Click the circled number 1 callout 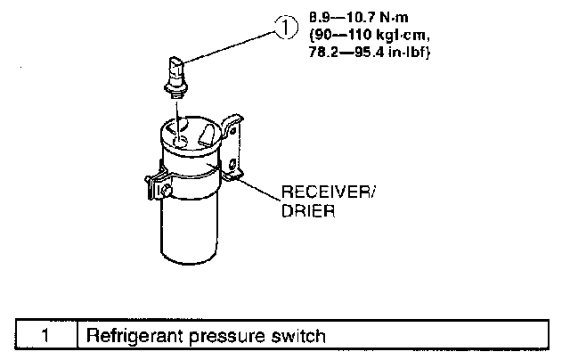click(x=284, y=28)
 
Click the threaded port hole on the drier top click(x=180, y=140)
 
